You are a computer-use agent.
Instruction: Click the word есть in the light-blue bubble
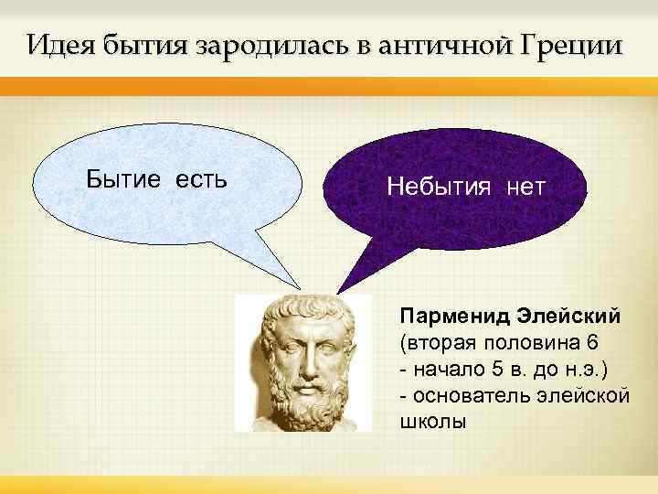(x=195, y=177)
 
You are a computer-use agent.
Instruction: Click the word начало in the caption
(x=448, y=369)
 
